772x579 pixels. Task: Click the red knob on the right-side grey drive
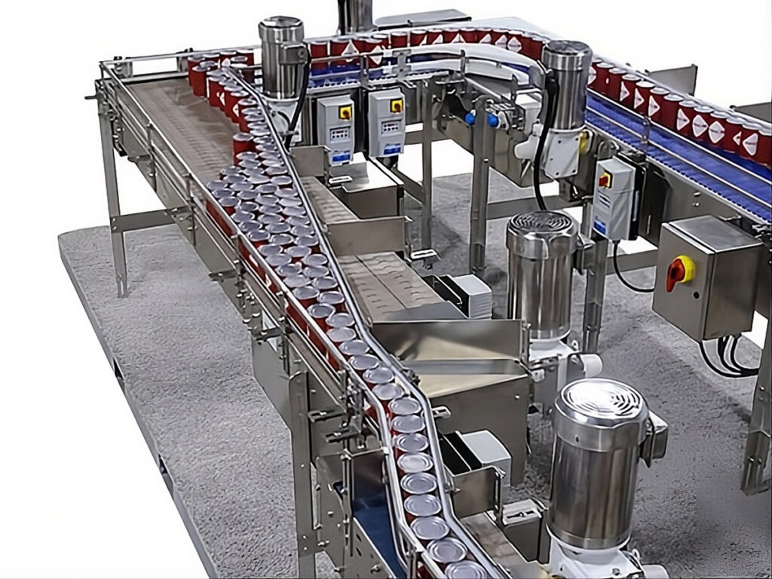point(605,180)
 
